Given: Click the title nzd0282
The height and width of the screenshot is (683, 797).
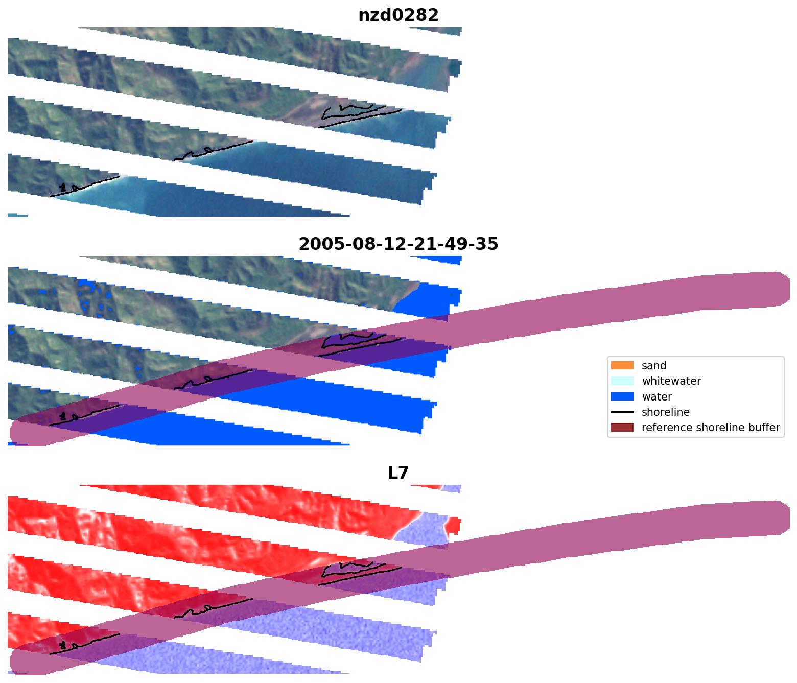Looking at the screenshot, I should click(398, 15).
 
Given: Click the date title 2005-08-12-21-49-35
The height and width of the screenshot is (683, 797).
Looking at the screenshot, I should click(398, 244).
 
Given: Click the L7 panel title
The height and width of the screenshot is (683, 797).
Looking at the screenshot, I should click(398, 473).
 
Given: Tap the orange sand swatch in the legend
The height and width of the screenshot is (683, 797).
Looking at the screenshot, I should click(622, 365).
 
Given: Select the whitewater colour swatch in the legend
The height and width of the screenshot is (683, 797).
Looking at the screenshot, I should click(622, 381).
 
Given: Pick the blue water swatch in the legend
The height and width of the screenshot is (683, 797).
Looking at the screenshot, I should click(622, 396).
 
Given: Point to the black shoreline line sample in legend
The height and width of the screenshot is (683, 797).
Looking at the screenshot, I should click(622, 412).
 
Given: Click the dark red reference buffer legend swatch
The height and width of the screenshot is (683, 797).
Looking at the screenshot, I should click(622, 428).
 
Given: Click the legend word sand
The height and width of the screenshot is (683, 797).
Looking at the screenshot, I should click(654, 366).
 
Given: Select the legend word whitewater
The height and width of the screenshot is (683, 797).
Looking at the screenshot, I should click(671, 381).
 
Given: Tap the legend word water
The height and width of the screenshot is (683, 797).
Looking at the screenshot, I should click(657, 397).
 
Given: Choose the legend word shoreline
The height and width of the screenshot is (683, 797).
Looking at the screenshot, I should click(665, 412).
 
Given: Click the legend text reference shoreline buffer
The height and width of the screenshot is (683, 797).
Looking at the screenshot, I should click(710, 428).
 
